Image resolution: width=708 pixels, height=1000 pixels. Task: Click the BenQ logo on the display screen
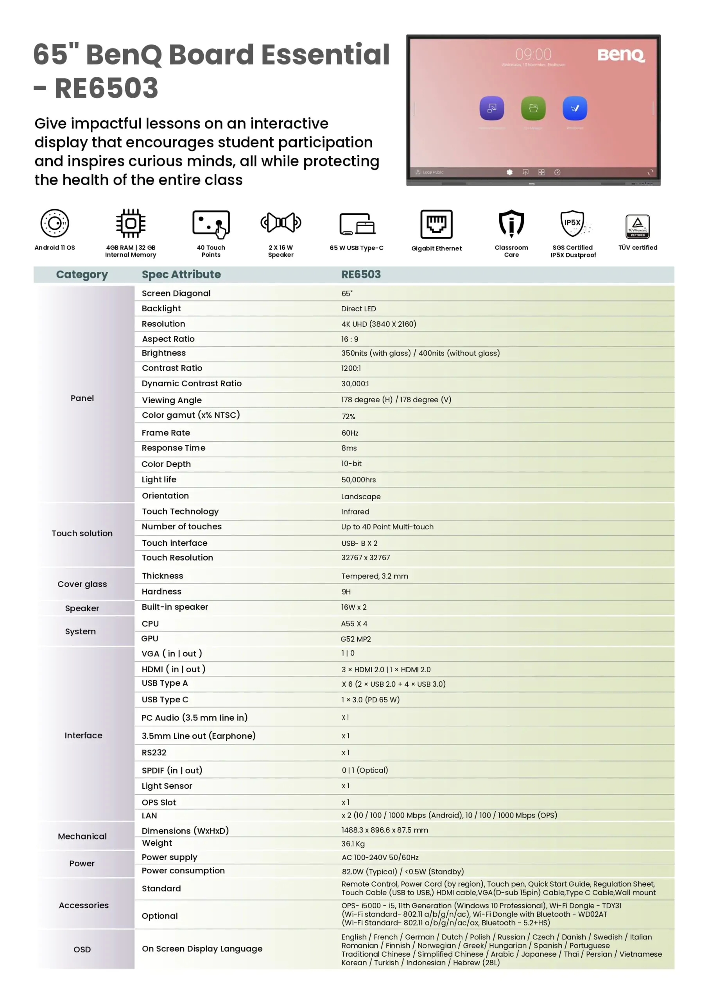(x=620, y=55)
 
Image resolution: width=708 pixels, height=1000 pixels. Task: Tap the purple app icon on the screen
(x=491, y=108)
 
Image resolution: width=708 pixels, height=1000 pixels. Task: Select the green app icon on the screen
(x=533, y=108)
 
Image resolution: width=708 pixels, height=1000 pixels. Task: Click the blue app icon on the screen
(x=575, y=108)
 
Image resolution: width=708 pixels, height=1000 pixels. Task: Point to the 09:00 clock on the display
(x=533, y=54)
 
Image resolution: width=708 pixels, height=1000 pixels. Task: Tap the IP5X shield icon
(x=572, y=223)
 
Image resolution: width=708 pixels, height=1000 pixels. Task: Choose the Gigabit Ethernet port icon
(x=436, y=224)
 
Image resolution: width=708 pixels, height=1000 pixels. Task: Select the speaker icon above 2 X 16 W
(x=281, y=223)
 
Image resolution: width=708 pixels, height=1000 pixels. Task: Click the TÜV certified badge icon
(x=637, y=226)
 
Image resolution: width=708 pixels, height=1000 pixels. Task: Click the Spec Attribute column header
(x=181, y=274)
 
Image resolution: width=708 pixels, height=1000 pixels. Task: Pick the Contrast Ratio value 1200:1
(x=351, y=368)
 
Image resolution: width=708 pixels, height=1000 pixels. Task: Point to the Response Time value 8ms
(x=349, y=448)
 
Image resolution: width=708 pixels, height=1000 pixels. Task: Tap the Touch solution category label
(x=82, y=533)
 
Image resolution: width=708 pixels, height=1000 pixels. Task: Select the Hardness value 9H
(x=346, y=591)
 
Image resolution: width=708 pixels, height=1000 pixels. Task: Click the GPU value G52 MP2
(x=355, y=639)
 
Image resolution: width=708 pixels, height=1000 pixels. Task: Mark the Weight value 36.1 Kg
(x=353, y=844)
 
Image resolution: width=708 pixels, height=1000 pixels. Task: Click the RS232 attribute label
(x=154, y=753)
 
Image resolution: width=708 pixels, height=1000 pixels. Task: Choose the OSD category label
(x=82, y=949)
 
